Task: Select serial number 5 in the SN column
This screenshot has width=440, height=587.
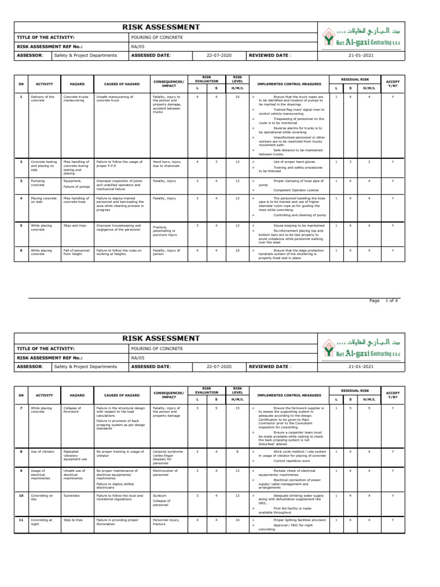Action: click(21, 225)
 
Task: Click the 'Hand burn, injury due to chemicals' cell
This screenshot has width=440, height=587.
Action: click(166, 164)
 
